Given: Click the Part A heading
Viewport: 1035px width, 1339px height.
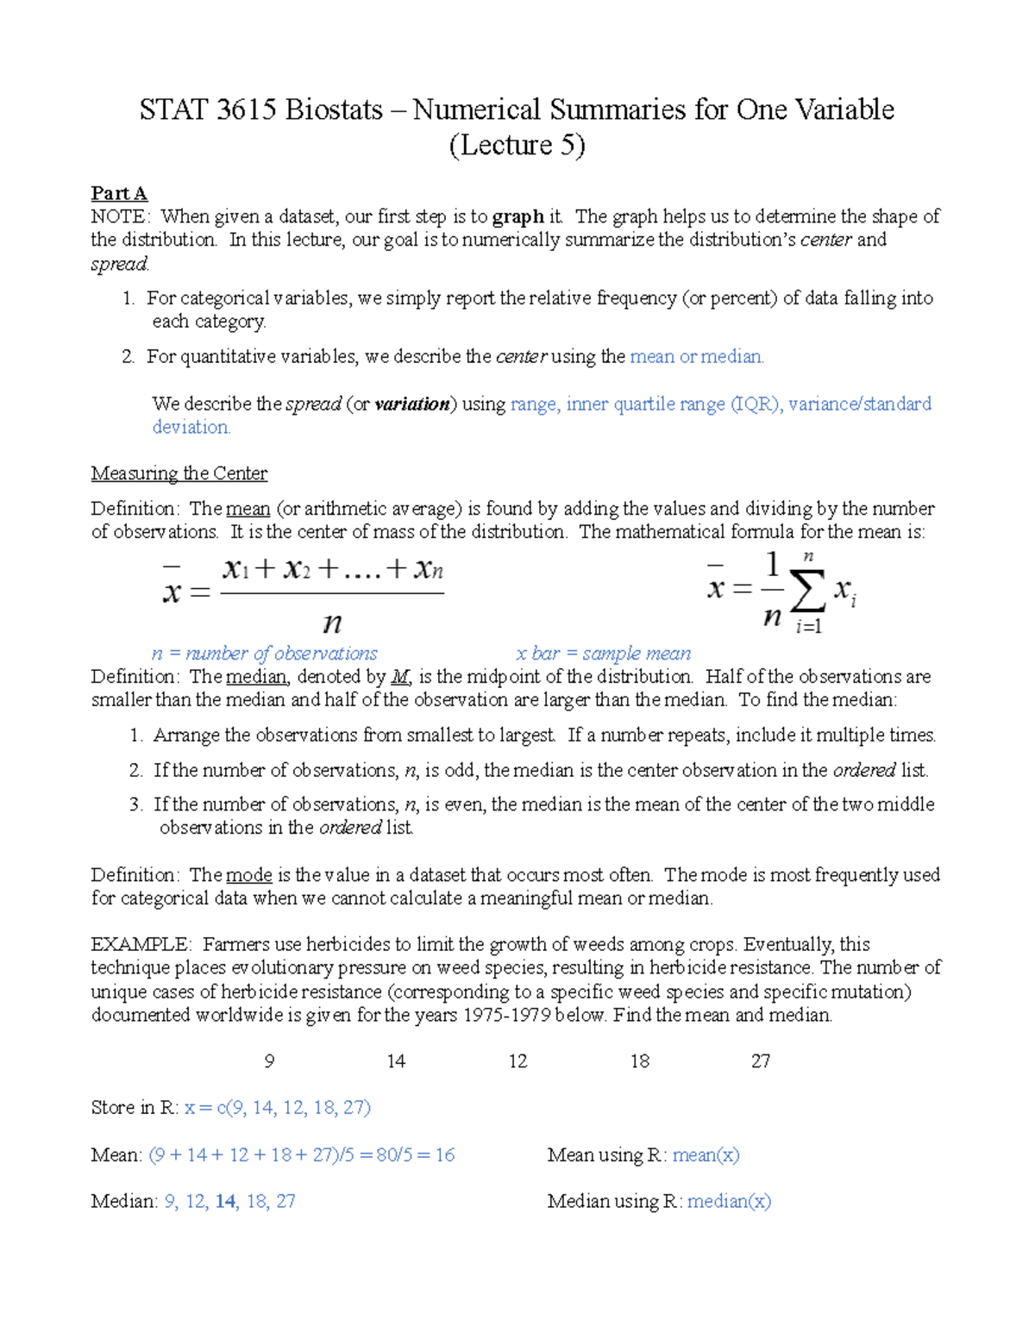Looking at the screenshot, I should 119,193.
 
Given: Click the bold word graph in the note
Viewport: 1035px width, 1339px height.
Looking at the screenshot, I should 517,216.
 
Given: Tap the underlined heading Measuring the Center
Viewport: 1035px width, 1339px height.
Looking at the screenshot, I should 179,473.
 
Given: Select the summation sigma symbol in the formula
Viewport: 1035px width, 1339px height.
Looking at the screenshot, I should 807,591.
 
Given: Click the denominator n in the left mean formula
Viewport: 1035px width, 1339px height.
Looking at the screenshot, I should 332,623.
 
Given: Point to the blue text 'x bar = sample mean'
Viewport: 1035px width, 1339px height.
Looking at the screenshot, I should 603,654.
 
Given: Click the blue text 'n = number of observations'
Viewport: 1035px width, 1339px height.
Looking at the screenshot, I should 265,654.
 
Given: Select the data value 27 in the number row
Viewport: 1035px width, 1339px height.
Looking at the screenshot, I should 760,1061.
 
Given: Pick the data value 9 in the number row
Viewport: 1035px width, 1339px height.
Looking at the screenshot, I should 269,1061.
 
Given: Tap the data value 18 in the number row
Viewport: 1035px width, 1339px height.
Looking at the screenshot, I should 639,1061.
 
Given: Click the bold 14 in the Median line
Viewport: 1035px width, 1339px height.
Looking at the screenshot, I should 226,1202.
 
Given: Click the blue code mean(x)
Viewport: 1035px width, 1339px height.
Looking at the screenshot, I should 706,1155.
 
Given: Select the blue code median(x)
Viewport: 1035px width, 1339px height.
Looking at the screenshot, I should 729,1202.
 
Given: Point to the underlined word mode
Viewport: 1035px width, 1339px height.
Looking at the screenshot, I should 249,875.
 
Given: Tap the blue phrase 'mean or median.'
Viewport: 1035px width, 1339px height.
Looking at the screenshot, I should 697,357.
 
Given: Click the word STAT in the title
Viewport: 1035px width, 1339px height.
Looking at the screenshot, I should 173,110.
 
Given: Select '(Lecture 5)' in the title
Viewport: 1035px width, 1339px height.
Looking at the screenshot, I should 517,145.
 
